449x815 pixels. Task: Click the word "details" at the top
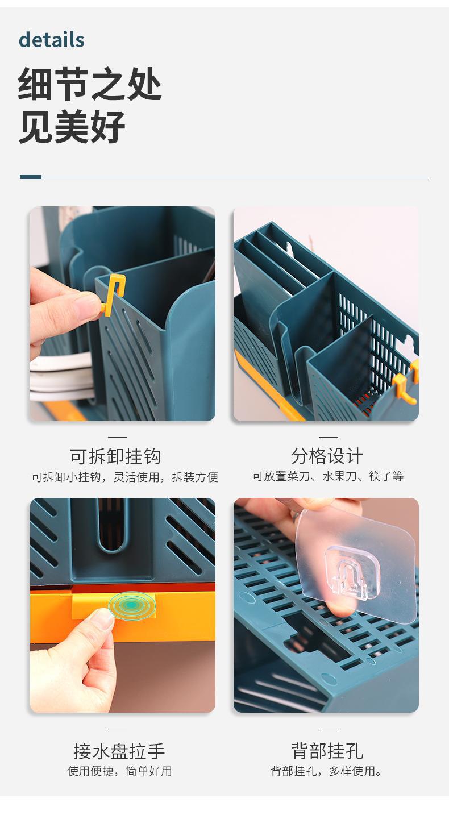52,40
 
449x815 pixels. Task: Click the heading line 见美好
72,128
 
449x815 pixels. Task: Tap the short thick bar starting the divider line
31,177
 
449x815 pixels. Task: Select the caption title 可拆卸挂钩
115,456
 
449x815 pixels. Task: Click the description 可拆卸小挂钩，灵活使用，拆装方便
124,477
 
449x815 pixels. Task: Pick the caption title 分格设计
327,456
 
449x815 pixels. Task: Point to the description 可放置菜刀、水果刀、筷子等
328,477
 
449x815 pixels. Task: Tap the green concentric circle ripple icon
132,606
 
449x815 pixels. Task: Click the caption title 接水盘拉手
119,751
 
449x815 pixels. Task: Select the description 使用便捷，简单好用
119,771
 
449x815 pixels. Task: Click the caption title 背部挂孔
327,751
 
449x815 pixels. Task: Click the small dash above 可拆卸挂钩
117,438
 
